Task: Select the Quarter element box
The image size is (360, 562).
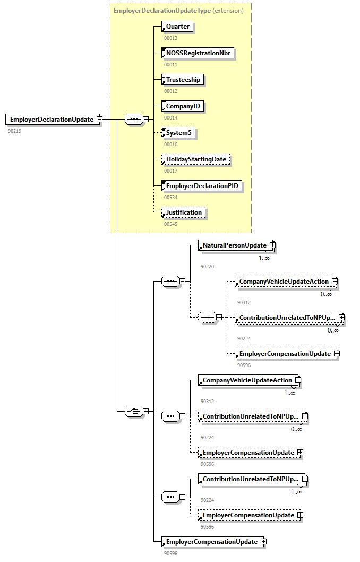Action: click(x=177, y=27)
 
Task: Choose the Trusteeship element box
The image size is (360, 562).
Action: click(x=183, y=80)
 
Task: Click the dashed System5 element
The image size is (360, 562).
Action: click(x=178, y=133)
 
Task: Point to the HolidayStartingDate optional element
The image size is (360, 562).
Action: click(x=195, y=159)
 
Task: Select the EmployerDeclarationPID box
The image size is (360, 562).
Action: click(x=202, y=186)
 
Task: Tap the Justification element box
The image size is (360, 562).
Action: click(x=183, y=212)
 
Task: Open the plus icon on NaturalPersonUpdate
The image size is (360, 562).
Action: click(x=272, y=245)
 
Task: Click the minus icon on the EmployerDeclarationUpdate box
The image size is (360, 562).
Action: click(x=99, y=120)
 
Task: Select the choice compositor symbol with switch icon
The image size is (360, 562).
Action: click(x=133, y=411)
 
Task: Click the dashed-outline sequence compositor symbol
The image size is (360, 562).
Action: click(x=207, y=318)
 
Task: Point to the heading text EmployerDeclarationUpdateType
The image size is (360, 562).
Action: click(x=161, y=11)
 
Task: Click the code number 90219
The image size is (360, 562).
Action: click(x=14, y=130)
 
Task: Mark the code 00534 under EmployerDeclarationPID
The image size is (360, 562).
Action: click(x=170, y=197)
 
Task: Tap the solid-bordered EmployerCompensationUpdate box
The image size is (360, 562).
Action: click(x=211, y=542)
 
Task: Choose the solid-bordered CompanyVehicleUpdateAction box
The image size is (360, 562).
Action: click(x=246, y=380)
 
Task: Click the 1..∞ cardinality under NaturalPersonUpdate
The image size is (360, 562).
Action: click(x=264, y=258)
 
